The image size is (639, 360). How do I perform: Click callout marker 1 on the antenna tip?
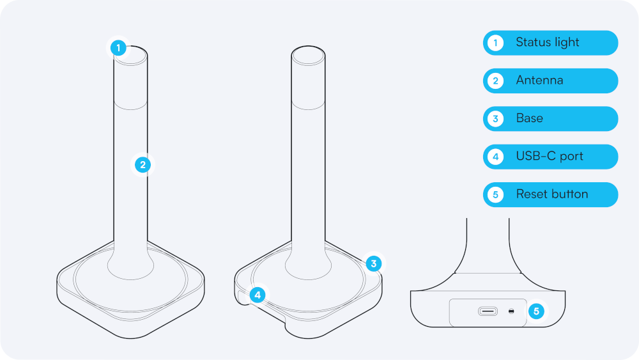coord(118,47)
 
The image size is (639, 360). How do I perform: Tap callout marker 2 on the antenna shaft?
coord(143,165)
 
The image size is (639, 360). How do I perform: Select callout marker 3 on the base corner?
coord(374,263)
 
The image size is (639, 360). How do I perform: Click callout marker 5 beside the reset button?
coord(536,311)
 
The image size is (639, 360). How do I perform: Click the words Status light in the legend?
coord(547,43)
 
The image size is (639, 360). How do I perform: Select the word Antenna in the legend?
coord(539,81)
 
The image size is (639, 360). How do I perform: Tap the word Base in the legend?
coord(529,118)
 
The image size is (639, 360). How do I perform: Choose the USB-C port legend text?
coord(549,156)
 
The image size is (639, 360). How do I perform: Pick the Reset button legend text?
coord(551,194)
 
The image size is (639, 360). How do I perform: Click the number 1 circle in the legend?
coord(495,43)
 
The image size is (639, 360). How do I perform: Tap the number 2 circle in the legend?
coord(495,81)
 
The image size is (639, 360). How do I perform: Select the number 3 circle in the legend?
coord(495,119)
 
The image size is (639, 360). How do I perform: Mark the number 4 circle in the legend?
coord(495,157)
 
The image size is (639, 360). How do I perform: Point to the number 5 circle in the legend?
coord(495,194)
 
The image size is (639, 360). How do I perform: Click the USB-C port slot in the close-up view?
coord(488,312)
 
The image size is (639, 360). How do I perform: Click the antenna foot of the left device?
coord(130,263)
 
